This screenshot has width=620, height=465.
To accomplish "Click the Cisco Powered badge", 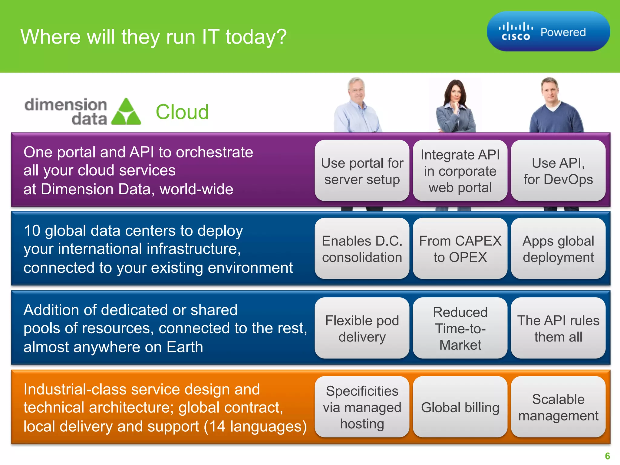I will point(548,31).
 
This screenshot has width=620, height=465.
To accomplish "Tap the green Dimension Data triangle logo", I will point(126,112).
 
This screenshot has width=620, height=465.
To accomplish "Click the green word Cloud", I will point(182,112).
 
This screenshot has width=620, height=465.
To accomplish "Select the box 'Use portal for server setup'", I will point(362,171).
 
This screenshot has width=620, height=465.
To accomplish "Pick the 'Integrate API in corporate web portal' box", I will point(460,171).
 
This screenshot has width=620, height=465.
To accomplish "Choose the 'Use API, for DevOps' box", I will point(558,171).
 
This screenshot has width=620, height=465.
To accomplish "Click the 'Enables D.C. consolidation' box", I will point(362,249).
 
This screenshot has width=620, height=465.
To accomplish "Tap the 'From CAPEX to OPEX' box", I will point(460,249).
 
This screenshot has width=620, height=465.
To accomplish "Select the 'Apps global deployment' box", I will point(558,249).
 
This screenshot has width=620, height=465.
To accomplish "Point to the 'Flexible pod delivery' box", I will point(362,328).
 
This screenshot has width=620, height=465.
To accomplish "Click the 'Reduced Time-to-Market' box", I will point(460,328).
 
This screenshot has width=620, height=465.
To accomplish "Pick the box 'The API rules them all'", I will point(558,328).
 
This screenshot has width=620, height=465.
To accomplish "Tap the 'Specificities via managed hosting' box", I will point(362,407).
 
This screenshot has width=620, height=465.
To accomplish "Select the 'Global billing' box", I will point(460,407).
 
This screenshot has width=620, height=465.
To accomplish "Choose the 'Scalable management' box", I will point(558,407).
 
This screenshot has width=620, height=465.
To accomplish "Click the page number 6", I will point(607,456).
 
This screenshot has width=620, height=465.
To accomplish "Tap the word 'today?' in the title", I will point(256,37).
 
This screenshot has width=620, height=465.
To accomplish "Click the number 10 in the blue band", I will point(32,231).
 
